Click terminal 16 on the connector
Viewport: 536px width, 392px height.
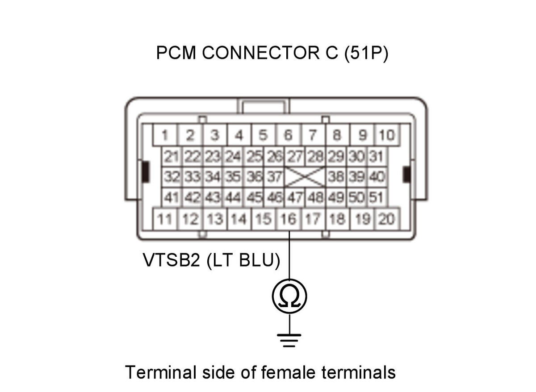tap(289, 219)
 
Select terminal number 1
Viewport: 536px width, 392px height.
tap(165, 135)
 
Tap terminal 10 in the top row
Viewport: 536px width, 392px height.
tap(387, 135)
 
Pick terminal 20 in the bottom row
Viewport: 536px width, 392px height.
tap(387, 219)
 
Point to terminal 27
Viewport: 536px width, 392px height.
tap(295, 157)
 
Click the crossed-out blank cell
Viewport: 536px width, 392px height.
tap(305, 177)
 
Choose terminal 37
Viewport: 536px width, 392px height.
tap(274, 177)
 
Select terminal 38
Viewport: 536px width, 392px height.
tap(336, 177)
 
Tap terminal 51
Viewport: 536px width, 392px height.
tap(377, 197)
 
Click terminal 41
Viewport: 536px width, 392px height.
tap(172, 197)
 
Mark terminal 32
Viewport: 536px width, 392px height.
tap(172, 177)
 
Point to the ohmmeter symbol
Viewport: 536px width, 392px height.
tap(289, 296)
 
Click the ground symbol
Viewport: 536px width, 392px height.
tap(289, 340)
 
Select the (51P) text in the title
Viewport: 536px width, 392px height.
tap(366, 53)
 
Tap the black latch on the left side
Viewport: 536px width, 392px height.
tap(146, 172)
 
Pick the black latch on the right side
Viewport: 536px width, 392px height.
tap(406, 175)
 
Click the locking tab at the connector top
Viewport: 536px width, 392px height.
tap(263, 106)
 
